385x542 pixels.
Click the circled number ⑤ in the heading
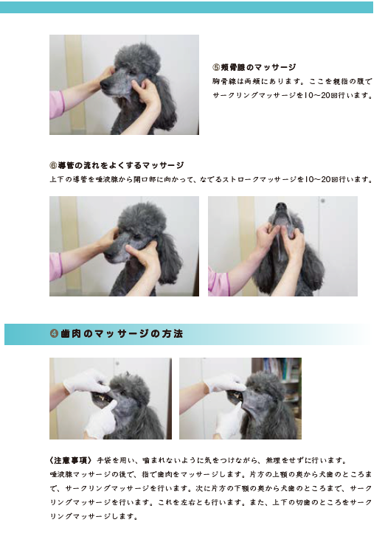click(x=216, y=66)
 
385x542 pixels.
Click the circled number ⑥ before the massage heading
click(x=53, y=165)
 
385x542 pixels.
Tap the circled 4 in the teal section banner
click(x=54, y=334)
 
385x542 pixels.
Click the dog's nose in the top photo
click(x=105, y=84)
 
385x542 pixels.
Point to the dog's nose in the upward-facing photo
click(x=281, y=206)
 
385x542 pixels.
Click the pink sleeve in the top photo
click(x=57, y=105)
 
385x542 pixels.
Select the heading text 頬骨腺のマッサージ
click(x=258, y=66)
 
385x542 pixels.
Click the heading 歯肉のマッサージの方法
click(x=121, y=334)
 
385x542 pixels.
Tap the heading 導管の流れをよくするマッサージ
click(x=121, y=165)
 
